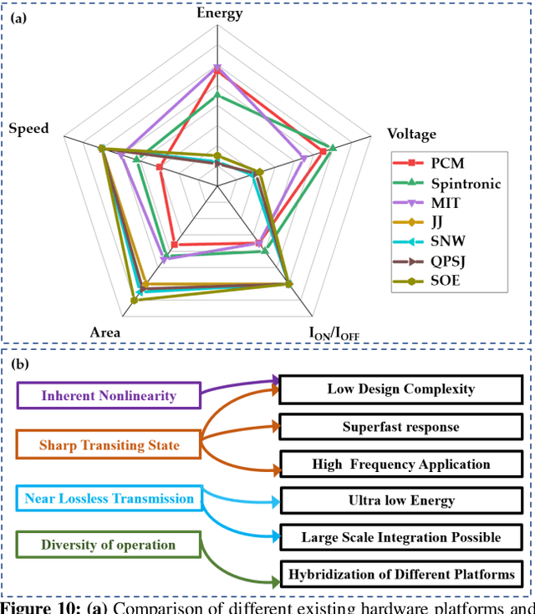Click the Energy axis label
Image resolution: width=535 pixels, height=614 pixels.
tap(219, 13)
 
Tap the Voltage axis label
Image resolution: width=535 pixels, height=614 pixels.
tap(411, 134)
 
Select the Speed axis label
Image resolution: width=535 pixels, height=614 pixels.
tap(28, 129)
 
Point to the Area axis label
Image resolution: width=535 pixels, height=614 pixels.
tap(104, 332)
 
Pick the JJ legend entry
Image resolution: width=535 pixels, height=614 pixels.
tap(437, 222)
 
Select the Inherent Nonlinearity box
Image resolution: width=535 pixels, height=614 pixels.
tap(110, 395)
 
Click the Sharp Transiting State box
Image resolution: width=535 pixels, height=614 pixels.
tap(110, 445)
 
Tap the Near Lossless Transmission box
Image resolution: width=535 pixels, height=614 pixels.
tap(110, 499)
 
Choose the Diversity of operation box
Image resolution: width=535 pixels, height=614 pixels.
tap(110, 545)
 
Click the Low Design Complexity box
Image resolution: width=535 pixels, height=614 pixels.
tap(400, 388)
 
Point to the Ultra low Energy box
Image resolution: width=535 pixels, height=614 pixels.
tap(400, 500)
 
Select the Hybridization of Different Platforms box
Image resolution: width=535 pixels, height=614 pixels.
tap(400, 574)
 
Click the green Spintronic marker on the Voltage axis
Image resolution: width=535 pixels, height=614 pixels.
tap(332, 148)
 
